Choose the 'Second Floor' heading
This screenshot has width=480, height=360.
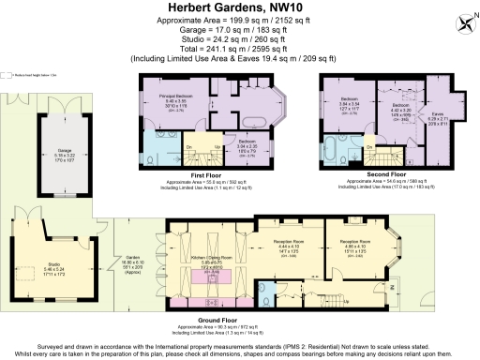(386, 174)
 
